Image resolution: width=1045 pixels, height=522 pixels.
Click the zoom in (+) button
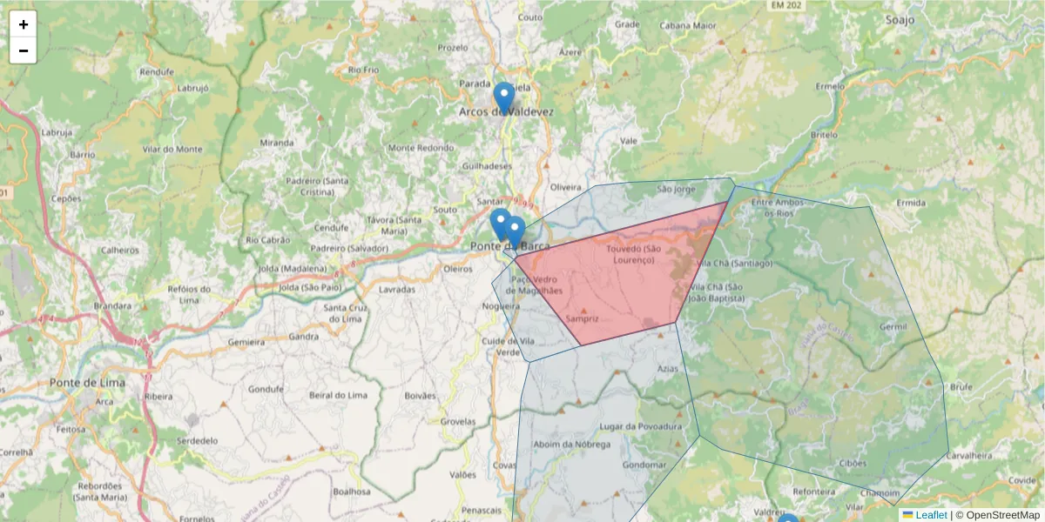[24, 25]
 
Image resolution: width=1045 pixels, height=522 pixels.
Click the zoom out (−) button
[24, 50]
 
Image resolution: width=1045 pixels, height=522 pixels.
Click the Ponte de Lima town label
[87, 382]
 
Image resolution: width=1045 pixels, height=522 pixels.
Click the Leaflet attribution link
[931, 515]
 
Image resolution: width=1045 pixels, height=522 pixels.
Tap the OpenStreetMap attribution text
[997, 515]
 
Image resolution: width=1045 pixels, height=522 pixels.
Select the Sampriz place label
[583, 318]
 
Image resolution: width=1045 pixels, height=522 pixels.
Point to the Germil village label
[893, 326]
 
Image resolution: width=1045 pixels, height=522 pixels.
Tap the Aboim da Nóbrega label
[567, 444]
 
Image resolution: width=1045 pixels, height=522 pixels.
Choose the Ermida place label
[911, 203]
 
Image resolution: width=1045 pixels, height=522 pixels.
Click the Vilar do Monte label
[172, 149]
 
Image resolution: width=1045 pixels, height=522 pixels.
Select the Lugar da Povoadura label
[641, 426]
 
